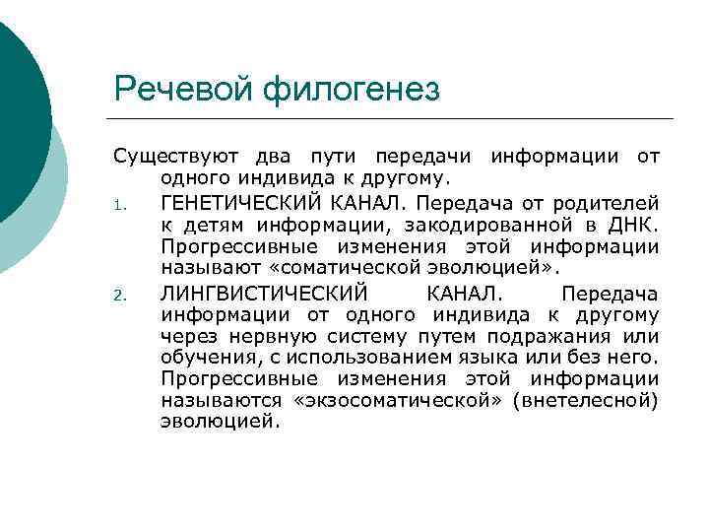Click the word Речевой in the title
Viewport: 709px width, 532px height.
click(x=184, y=91)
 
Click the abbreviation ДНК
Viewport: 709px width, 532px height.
click(x=633, y=226)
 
